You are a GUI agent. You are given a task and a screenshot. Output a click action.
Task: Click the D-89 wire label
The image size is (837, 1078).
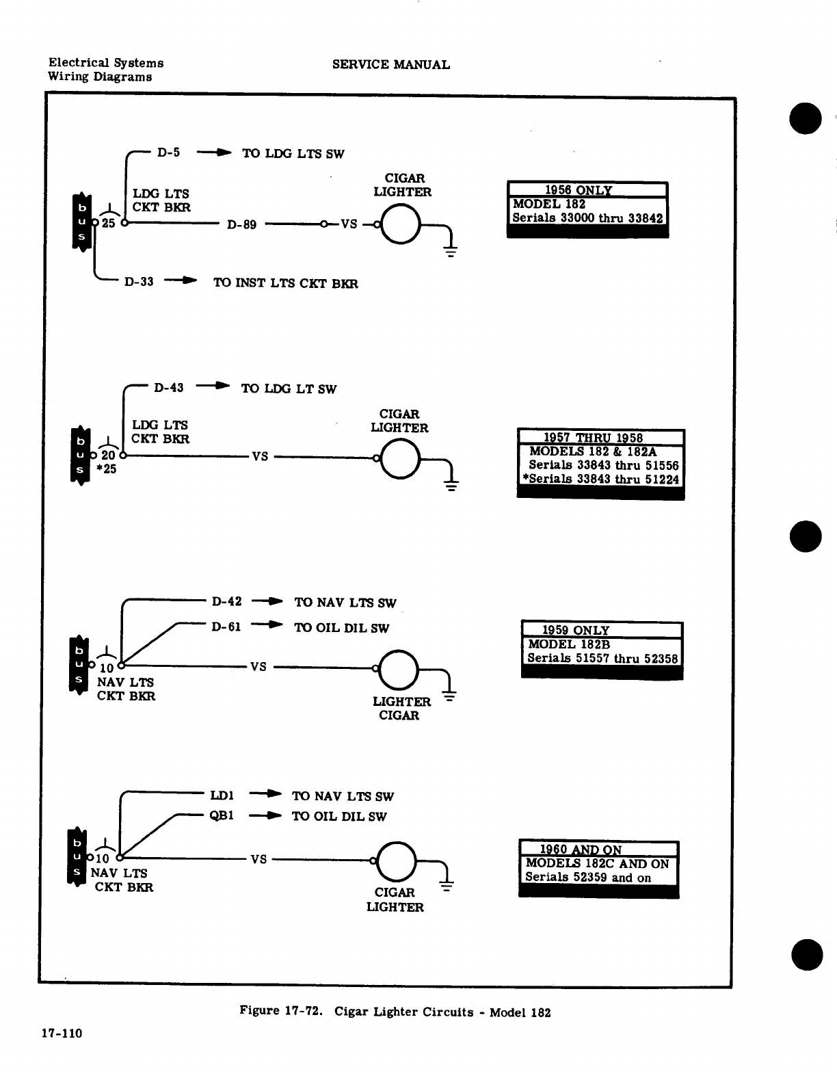[242, 224]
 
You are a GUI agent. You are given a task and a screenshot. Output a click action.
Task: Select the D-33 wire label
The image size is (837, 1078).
[139, 282]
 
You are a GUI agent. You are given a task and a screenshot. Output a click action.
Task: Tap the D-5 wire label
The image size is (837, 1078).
[168, 153]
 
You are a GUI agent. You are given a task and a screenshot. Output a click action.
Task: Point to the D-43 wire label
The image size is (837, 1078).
[169, 388]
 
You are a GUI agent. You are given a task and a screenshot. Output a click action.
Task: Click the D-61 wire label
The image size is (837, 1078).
[226, 627]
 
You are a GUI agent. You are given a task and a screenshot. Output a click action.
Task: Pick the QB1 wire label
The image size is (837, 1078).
[222, 815]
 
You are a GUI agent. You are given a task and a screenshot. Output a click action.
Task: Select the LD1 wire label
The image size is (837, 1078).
[222, 796]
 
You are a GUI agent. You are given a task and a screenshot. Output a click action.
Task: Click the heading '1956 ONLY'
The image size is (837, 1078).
[578, 190]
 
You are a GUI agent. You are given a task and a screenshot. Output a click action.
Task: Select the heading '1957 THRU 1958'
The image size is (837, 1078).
[593, 438]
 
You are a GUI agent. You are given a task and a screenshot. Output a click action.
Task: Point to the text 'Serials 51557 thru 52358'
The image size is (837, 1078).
[602, 659]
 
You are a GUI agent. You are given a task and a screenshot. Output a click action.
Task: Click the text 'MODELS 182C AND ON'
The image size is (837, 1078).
[597, 864]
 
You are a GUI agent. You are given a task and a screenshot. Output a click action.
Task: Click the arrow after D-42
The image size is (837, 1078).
[267, 602]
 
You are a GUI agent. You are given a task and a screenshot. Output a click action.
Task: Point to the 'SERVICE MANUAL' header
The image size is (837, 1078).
[390, 65]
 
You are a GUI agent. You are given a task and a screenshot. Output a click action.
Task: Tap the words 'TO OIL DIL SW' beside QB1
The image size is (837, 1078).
[339, 816]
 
